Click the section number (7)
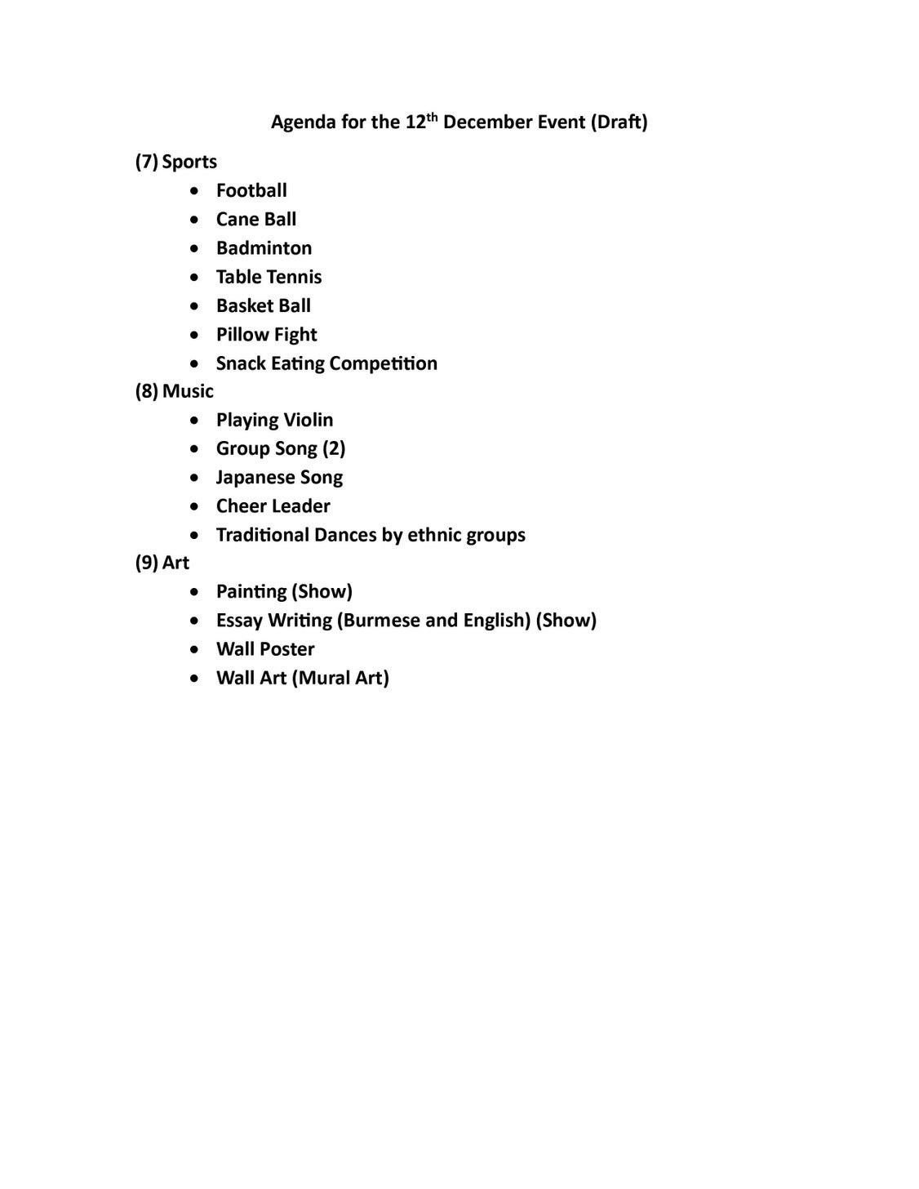pos(146,162)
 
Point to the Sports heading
pos(189,162)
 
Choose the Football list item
pos(251,190)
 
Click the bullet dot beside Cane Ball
pos(193,220)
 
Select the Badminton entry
pos(264,248)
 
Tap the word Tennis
pos(295,277)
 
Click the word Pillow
pos(241,335)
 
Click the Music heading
pos(188,391)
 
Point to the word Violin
pos(308,420)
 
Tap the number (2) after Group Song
pos(334,448)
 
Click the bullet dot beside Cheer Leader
pos(193,506)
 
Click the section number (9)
pos(146,563)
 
